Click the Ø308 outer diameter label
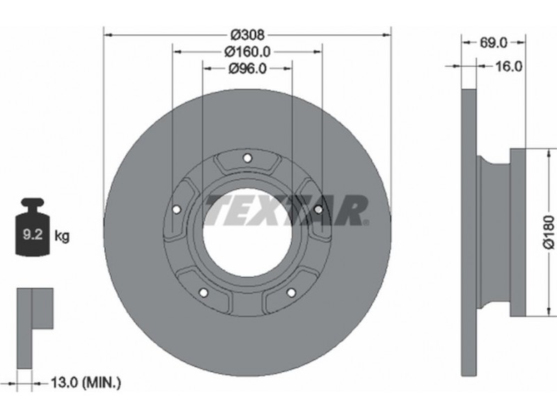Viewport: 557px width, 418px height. pos(247,35)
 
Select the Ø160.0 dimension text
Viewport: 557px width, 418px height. pos(247,52)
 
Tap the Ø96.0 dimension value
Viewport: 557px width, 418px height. pos(247,68)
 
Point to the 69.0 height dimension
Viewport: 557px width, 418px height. pos(494,42)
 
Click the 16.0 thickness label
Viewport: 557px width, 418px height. pos(508,66)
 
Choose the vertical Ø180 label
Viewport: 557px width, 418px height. pos(549,231)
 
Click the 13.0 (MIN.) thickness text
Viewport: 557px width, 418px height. pos(86,382)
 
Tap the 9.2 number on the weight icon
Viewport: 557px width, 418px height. pos(33,234)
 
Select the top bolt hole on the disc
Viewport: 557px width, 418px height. pos(247,157)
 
